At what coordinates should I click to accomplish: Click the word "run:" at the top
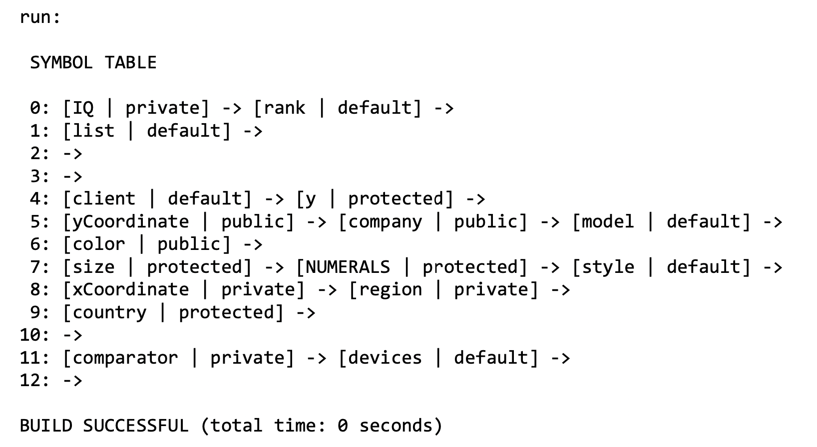coord(40,17)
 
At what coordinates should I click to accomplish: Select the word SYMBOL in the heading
coord(61,63)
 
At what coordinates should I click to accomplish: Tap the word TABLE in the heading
coord(130,63)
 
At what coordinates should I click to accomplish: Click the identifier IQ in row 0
coord(83,108)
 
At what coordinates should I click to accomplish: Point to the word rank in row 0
coord(285,108)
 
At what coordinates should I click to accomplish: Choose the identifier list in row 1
coord(93,131)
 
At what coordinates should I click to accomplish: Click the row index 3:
coord(40,176)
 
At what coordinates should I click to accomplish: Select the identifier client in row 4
coord(104,199)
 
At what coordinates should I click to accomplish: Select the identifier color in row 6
coord(98,244)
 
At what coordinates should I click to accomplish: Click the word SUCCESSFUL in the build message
coord(136,426)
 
